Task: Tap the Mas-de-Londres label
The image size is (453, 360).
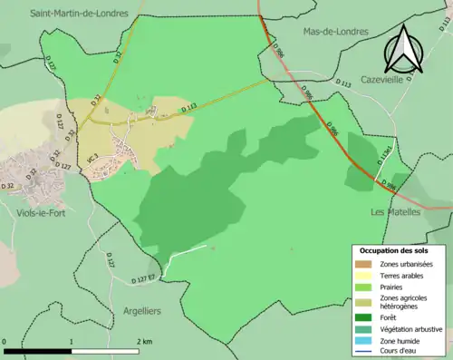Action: coord(334,30)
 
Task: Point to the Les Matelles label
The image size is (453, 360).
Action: coord(396,211)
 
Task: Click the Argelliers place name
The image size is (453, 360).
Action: coord(141,311)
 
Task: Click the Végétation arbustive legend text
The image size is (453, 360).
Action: coord(413,329)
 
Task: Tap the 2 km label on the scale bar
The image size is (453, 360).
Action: coord(145,341)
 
